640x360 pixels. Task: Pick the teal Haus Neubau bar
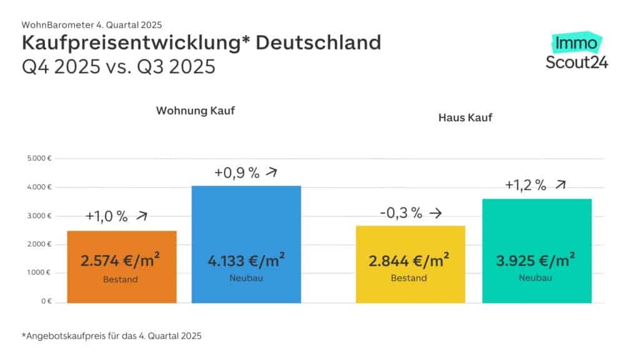536,228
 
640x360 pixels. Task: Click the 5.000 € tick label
39,159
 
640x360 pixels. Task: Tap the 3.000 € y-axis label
39,216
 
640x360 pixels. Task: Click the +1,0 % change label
107,217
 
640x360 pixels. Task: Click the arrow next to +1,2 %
561,185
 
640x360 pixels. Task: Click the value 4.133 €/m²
246,260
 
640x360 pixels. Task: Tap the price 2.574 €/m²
120,260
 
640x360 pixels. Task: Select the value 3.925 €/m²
536,260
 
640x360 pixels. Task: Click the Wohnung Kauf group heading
191,111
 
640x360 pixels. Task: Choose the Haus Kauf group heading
466,117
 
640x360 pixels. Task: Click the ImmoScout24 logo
576,52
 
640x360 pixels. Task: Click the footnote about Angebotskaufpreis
112,336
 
